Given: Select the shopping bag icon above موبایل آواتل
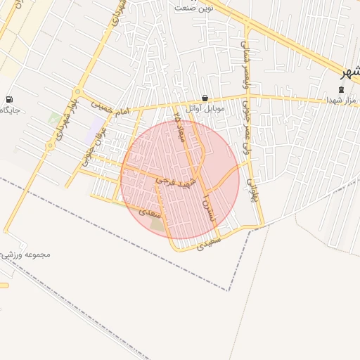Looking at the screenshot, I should (x=205, y=98).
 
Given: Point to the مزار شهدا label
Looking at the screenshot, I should (x=342, y=101).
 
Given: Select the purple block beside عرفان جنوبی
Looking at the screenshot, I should (x=96, y=127).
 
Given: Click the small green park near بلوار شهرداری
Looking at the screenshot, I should (x=55, y=117).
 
